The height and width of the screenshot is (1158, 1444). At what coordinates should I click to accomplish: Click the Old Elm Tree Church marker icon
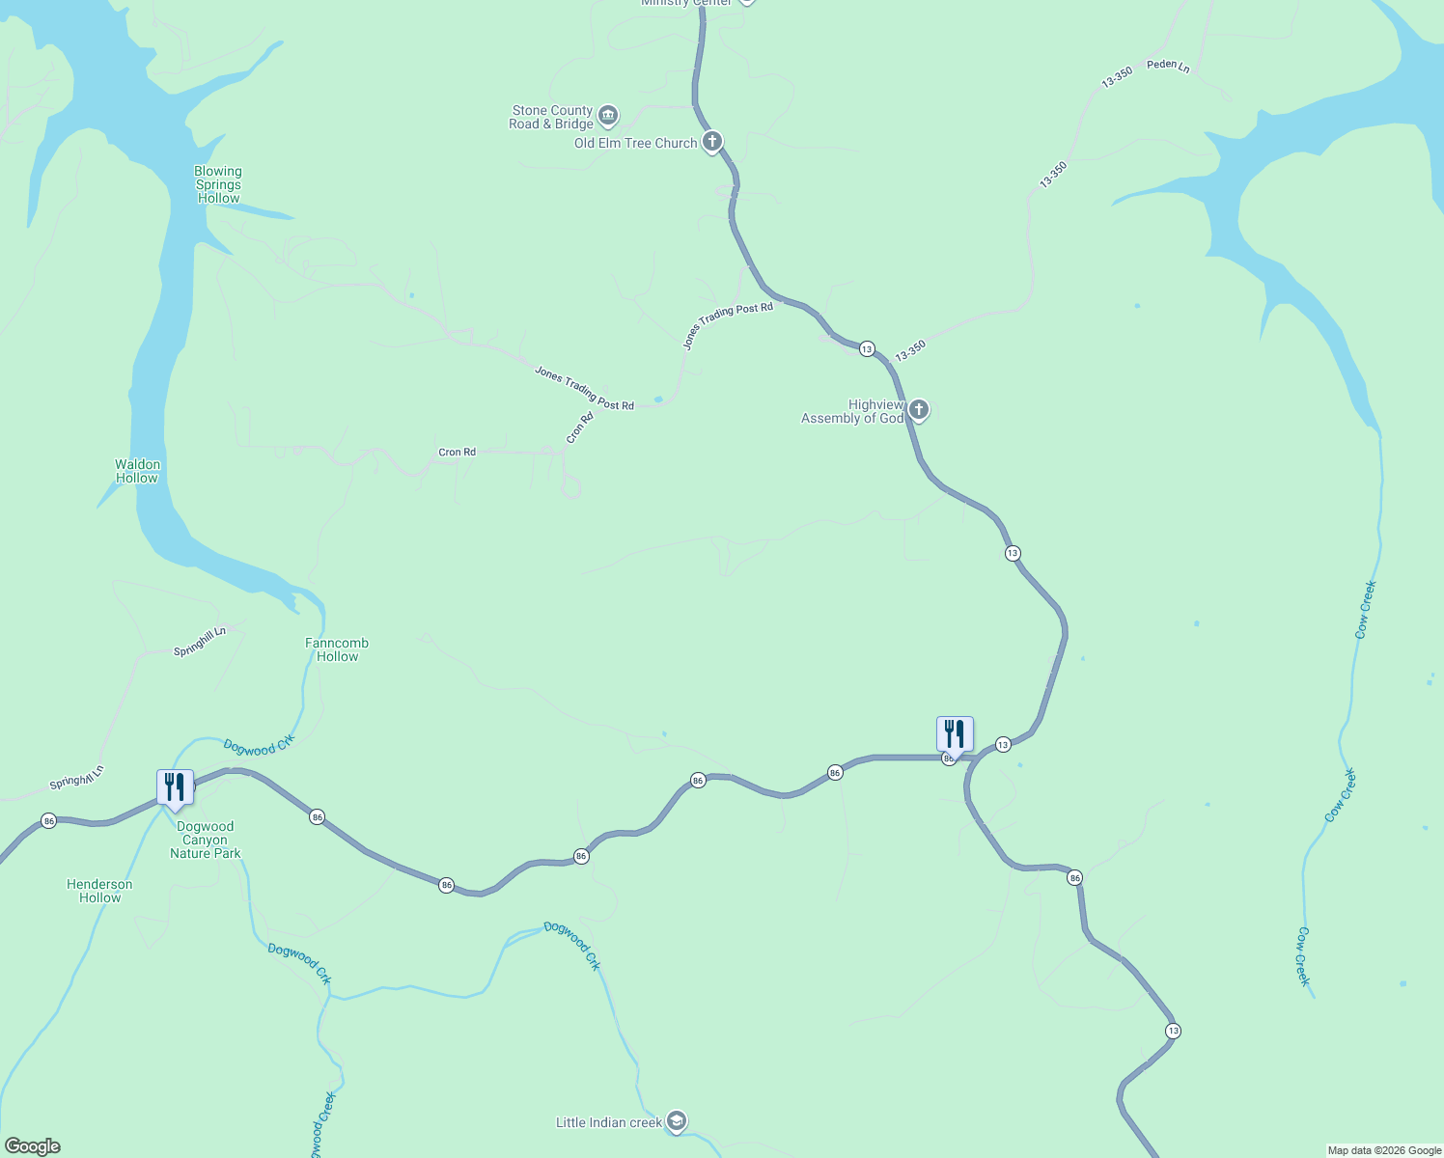pos(711,143)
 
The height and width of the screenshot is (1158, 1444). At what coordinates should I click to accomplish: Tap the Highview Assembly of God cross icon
pos(919,411)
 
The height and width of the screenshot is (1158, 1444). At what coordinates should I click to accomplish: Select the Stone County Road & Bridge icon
pos(608,117)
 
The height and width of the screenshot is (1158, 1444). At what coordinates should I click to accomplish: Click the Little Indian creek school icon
pos(677,1121)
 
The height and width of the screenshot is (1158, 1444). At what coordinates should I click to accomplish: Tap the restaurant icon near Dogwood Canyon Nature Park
pos(175,787)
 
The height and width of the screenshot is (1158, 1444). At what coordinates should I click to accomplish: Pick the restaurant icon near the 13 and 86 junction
pos(955,734)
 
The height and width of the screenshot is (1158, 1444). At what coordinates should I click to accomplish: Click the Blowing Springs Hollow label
pos(218,184)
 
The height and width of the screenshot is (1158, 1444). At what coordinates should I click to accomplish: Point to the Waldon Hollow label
pos(137,471)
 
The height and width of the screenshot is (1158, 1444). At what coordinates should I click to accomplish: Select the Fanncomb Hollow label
pos(337,649)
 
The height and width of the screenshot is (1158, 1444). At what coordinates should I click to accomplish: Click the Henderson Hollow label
pos(99,891)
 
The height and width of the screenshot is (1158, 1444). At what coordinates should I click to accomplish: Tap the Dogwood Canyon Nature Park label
pos(206,840)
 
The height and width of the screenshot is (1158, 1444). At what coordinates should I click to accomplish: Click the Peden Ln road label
pos(1168,66)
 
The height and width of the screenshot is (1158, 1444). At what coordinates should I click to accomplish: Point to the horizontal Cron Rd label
pos(457,452)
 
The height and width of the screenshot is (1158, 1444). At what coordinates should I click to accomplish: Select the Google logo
pos(32,1146)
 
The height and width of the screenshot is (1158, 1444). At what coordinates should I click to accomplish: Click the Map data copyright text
pos(1384,1150)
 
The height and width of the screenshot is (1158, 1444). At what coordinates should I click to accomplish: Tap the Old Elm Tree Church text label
pos(635,143)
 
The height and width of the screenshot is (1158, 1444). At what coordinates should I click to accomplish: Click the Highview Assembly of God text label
pos(853,411)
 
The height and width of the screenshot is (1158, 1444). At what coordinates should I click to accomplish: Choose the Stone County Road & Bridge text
pos(551,117)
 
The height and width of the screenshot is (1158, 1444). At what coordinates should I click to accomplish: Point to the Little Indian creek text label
pos(609,1122)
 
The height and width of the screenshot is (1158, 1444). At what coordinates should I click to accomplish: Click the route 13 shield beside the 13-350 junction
pos(867,348)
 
